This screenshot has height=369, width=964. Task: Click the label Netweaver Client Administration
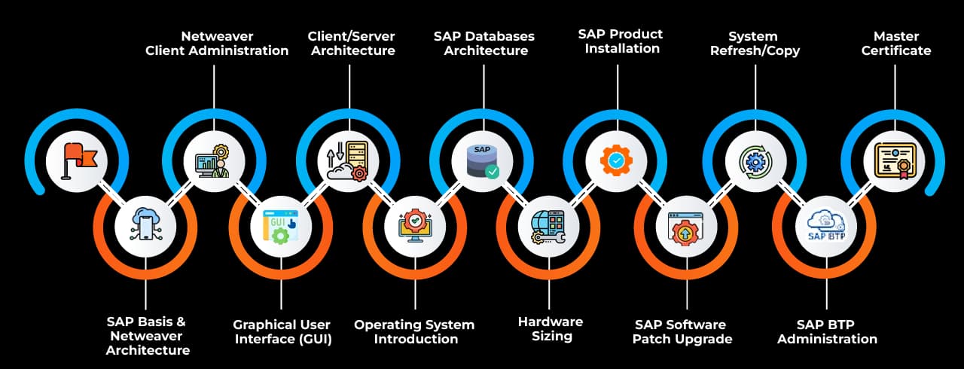(217, 43)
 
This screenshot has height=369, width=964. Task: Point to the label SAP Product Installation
(621, 41)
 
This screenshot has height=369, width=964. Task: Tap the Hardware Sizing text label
(551, 329)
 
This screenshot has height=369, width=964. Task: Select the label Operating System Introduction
(414, 332)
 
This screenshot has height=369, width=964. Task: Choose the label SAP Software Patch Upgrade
(682, 332)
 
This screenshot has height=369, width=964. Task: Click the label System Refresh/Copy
(755, 43)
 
